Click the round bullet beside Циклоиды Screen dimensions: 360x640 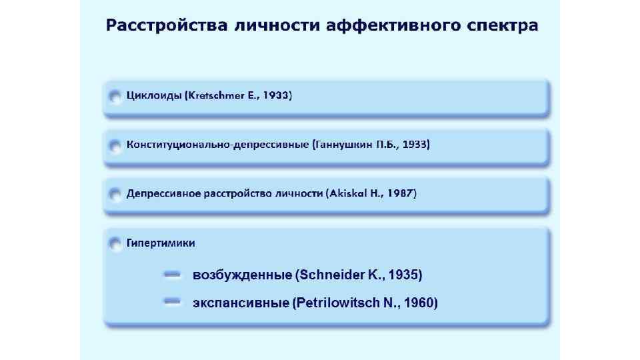[x=115, y=96]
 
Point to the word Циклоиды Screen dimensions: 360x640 [x=154, y=95]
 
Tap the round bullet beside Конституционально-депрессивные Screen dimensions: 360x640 [x=115, y=145]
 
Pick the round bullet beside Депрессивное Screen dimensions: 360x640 [x=115, y=194]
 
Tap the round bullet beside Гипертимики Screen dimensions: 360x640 [x=115, y=244]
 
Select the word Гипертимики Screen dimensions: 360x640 [x=161, y=243]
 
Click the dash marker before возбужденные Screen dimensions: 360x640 [x=173, y=275]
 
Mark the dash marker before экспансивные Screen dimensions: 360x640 [x=173, y=303]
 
